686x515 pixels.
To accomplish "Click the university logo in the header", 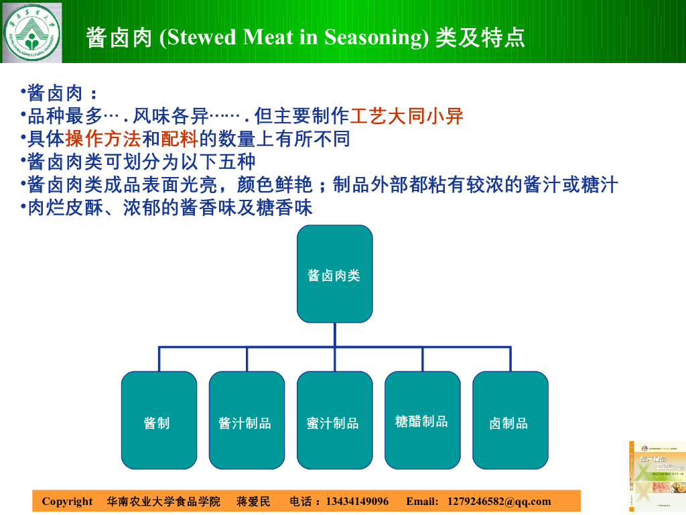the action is (x=31, y=32).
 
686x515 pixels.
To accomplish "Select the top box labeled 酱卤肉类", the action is (x=334, y=274).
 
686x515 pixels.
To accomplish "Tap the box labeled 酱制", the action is (x=159, y=420).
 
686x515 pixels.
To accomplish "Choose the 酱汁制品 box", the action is (x=247, y=420).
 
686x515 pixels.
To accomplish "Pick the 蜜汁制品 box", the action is (x=334, y=420).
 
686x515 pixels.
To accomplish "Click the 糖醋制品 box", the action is (x=422, y=420).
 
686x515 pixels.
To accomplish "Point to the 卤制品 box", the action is (x=510, y=420).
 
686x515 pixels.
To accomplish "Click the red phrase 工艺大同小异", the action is (x=407, y=117).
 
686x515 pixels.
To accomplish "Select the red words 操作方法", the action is (x=103, y=139).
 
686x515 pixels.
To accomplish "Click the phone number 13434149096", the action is (x=356, y=502).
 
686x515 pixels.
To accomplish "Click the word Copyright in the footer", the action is (x=67, y=502).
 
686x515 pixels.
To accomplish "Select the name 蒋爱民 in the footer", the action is (x=253, y=502).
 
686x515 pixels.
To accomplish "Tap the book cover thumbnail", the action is (x=657, y=477).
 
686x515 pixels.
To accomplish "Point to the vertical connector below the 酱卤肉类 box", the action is (x=334, y=335).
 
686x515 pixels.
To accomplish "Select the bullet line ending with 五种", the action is (x=141, y=162).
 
